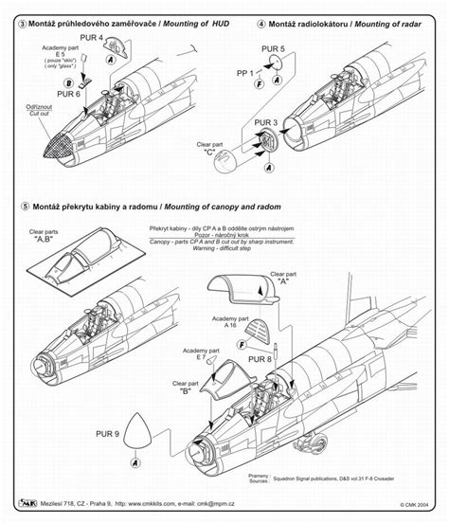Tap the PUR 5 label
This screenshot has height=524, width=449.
[271, 47]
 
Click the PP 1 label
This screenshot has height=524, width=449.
[247, 71]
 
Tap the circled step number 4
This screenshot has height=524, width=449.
[260, 9]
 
